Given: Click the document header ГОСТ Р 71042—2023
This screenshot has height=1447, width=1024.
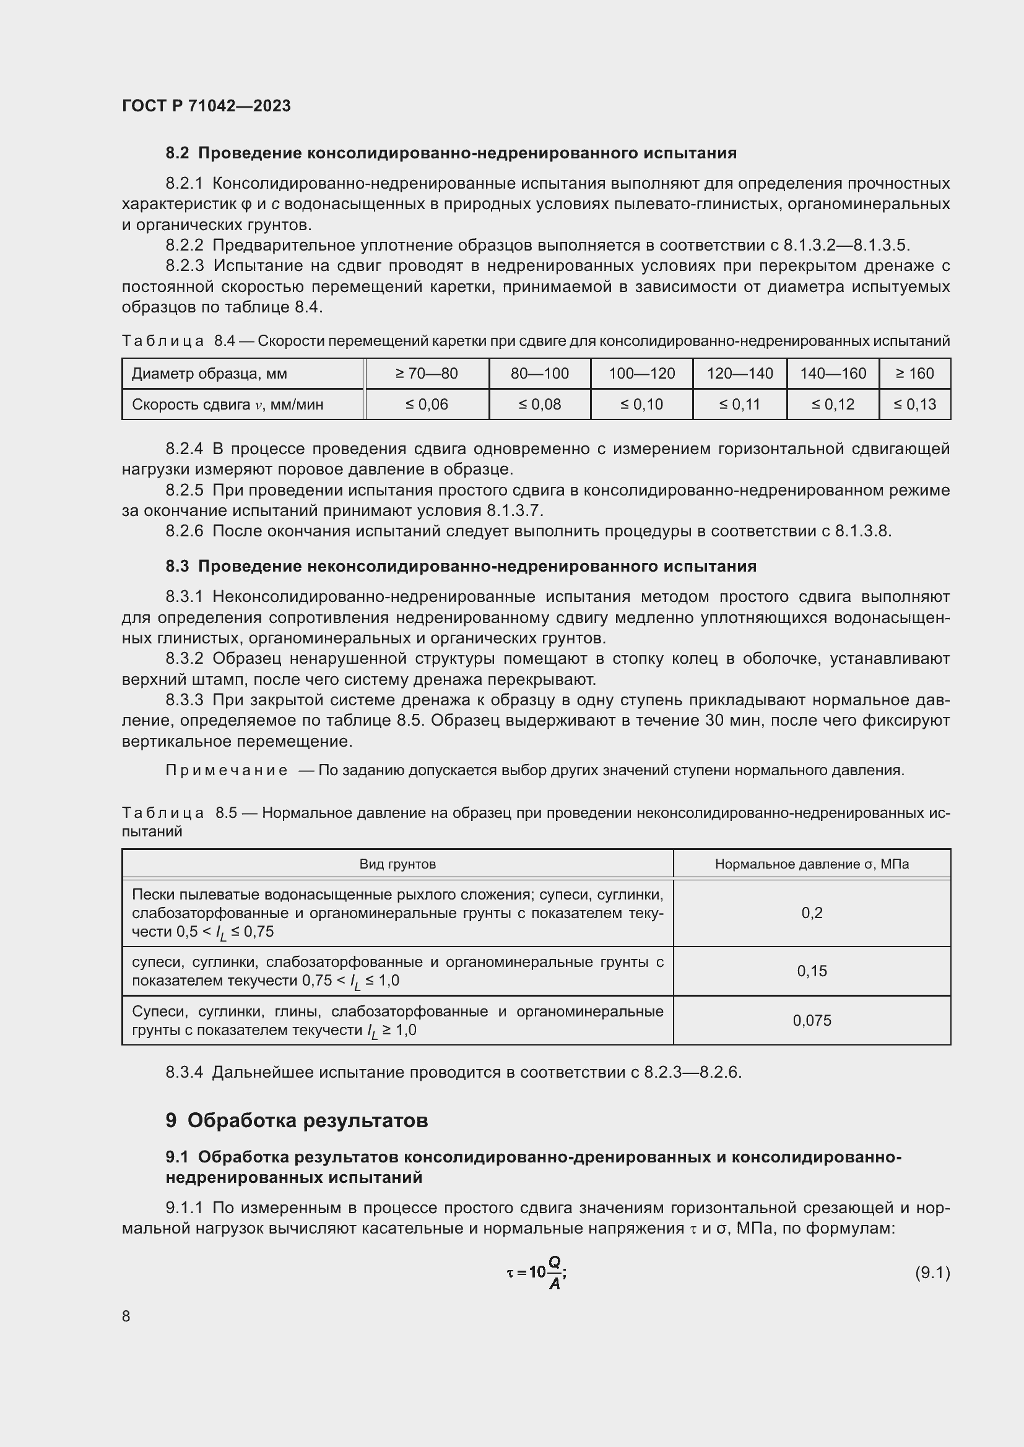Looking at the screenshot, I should coord(206,106).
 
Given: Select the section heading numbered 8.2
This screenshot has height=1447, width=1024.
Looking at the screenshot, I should coord(451,153).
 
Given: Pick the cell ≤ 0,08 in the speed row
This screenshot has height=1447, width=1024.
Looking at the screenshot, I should coord(539,404).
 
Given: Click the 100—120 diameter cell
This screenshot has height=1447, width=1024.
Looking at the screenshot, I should coord(641,374).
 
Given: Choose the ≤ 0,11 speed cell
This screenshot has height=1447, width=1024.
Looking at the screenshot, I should coord(739,404).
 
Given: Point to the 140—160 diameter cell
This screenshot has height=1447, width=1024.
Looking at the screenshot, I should coord(832,374).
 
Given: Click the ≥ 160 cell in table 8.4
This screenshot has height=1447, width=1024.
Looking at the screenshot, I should coord(914,374).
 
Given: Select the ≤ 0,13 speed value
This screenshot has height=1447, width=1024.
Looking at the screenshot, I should coord(914,404).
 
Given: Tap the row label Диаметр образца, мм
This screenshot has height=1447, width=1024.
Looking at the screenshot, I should coord(209,374).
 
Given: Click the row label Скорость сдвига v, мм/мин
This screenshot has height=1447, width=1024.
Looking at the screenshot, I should coord(227,404).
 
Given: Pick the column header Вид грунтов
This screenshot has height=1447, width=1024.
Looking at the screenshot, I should coord(397,864).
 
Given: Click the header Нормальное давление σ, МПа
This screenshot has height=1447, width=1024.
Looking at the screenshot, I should coord(812,864).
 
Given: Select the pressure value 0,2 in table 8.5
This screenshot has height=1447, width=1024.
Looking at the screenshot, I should coord(812,913).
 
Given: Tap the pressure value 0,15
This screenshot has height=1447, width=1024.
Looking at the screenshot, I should coord(812,971).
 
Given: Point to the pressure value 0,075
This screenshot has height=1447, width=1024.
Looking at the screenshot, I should coord(812,1020).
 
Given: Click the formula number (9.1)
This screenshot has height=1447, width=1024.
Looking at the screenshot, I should coord(932,1273).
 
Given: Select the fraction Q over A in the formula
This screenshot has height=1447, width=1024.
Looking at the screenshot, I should coord(554,1273).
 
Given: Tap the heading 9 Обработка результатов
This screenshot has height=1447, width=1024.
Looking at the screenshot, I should coord(297,1120).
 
